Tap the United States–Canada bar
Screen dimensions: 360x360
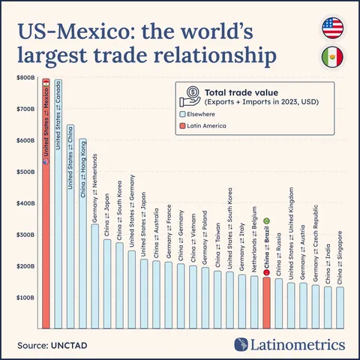(58, 225)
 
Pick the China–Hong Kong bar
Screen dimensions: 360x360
(82, 247)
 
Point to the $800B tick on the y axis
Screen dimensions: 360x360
(25, 77)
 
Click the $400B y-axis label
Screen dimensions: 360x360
(25, 203)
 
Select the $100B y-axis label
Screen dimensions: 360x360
(25, 298)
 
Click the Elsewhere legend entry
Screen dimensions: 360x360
(202, 115)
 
